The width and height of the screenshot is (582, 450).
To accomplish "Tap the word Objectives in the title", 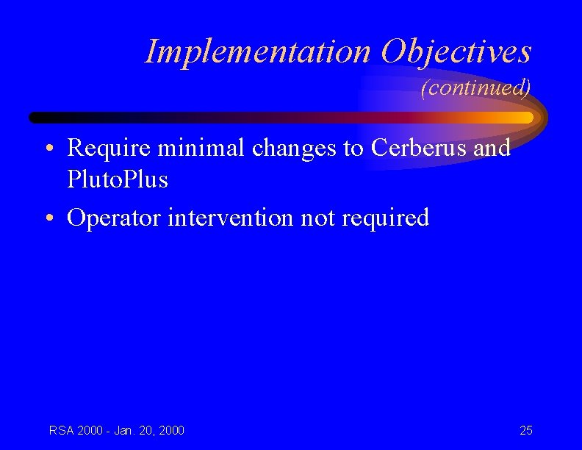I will click(x=456, y=51).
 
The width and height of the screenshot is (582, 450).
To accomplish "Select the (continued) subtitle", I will click(x=475, y=88).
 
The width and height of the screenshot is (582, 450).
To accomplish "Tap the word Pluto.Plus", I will click(x=117, y=179).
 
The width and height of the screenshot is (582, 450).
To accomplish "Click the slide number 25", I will click(x=526, y=430).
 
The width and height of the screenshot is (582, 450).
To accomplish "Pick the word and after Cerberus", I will click(x=492, y=148).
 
